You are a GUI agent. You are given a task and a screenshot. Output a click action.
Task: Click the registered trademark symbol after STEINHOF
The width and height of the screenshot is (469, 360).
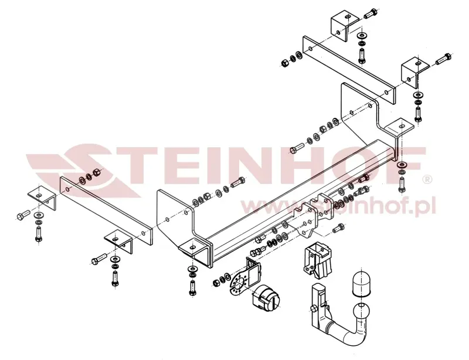(x=428, y=179)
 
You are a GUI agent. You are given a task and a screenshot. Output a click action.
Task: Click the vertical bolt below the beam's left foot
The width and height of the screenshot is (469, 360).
(x=192, y=286)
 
